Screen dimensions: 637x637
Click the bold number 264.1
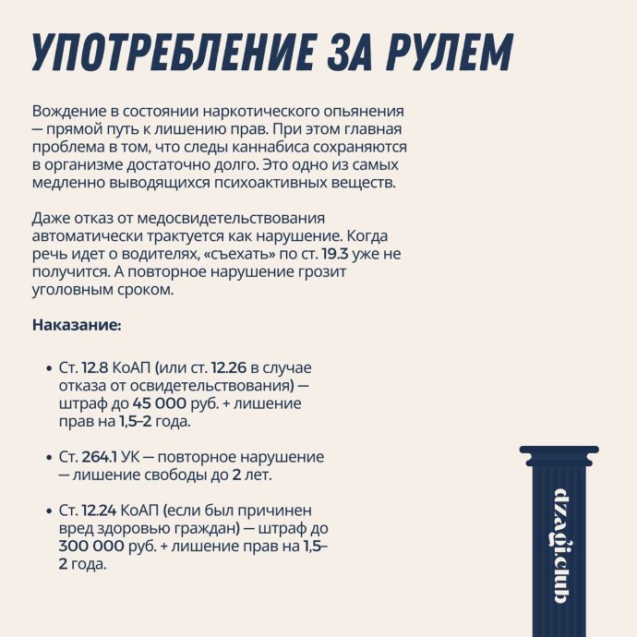click(x=99, y=457)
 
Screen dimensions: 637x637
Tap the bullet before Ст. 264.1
click(x=47, y=458)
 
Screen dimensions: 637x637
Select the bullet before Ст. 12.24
click(x=47, y=511)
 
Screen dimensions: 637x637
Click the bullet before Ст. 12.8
click(x=47, y=368)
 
